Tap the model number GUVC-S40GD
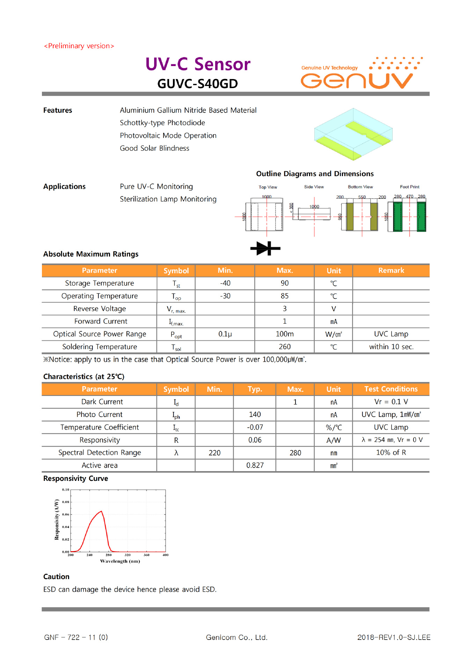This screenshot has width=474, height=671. pyautogui.click(x=197, y=84)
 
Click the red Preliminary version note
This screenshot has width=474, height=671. pyautogui.click(x=79, y=46)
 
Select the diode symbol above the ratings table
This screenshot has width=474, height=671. pyautogui.click(x=265, y=248)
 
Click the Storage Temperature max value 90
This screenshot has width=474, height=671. pyautogui.click(x=284, y=283)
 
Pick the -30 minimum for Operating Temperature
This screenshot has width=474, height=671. pyautogui.click(x=225, y=296)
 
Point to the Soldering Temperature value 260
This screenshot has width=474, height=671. pyautogui.click(x=284, y=347)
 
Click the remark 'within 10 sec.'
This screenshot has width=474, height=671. pyautogui.click(x=391, y=347)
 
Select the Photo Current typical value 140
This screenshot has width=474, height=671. pyautogui.click(x=255, y=414)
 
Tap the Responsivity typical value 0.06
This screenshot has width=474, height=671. pyautogui.click(x=255, y=440)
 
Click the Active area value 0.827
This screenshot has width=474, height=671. pyautogui.click(x=255, y=466)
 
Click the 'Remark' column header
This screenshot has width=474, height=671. pyautogui.click(x=391, y=270)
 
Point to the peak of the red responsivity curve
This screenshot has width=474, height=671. pyautogui.click(x=102, y=511)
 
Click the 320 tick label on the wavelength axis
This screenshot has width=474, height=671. pyautogui.click(x=127, y=555)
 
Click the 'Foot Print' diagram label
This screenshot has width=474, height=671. pyautogui.click(x=409, y=187)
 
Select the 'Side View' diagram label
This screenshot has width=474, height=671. pyautogui.click(x=314, y=187)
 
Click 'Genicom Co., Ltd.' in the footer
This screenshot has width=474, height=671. pyautogui.click(x=236, y=637)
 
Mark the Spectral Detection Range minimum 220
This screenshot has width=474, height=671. pyautogui.click(x=214, y=453)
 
